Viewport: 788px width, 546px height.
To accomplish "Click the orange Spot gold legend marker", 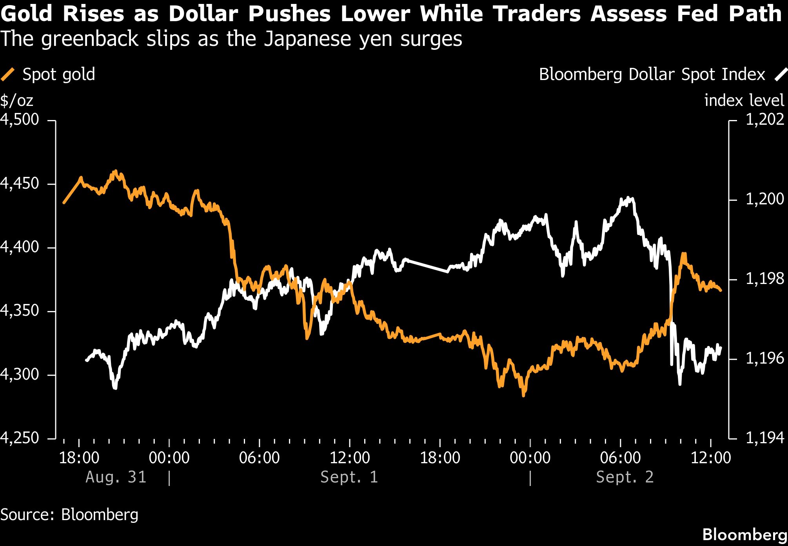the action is point(8,74).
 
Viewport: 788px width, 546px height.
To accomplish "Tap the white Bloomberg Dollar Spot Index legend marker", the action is point(781,75).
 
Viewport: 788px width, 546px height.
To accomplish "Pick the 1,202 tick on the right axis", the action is point(765,119).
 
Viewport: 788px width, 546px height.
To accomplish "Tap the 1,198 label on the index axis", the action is point(765,278).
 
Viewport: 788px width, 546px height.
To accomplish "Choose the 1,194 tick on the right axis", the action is point(765,437).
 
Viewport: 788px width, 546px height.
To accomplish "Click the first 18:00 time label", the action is point(79,458).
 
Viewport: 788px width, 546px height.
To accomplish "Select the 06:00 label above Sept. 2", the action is point(620,458).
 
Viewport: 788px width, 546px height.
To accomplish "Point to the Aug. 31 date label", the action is point(116,477).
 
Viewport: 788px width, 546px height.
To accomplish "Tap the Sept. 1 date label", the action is point(349,477).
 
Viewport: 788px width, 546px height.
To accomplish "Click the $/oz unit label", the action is point(17,101).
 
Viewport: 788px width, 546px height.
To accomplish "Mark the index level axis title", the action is point(744,100).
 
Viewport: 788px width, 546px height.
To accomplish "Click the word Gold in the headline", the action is point(27,14).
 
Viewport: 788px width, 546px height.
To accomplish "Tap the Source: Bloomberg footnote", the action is point(69,514).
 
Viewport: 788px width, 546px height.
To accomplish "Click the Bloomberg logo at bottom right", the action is point(745,534).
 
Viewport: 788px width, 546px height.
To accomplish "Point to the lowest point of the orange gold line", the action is point(523,395).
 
